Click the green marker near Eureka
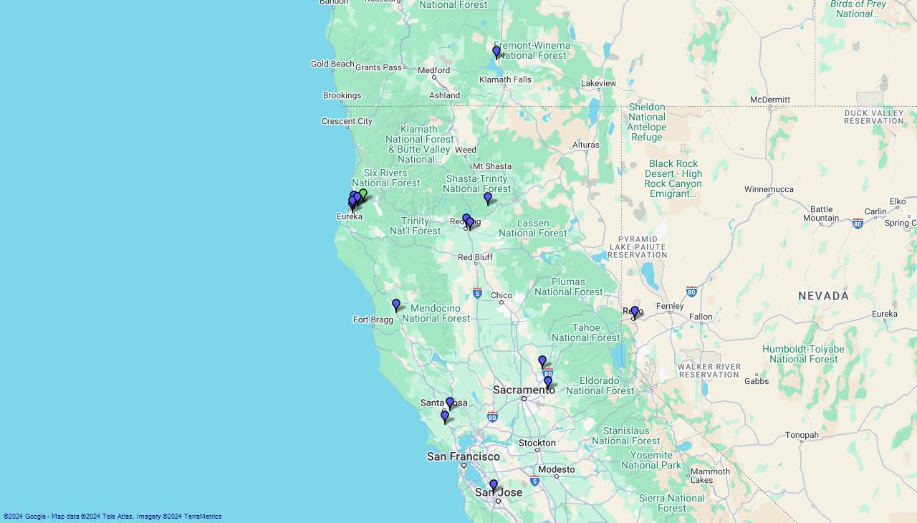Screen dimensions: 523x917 pyautogui.click(x=363, y=194)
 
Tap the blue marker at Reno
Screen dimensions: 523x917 pyautogui.click(x=635, y=312)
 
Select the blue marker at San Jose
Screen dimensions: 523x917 pyautogui.click(x=494, y=486)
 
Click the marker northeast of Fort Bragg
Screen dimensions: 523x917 pyautogui.click(x=396, y=305)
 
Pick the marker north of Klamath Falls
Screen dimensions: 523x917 pyautogui.click(x=496, y=52)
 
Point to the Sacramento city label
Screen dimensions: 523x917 pyautogui.click(x=524, y=390)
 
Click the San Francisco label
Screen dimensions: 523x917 pyautogui.click(x=463, y=456)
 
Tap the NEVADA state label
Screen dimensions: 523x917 pyautogui.click(x=823, y=296)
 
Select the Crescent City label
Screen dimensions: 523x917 pyautogui.click(x=347, y=121)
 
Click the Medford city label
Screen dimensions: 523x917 pyautogui.click(x=433, y=70)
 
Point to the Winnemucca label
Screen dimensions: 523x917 pyautogui.click(x=769, y=189)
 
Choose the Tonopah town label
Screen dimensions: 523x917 pyautogui.click(x=802, y=435)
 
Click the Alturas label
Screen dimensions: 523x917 pyautogui.click(x=585, y=145)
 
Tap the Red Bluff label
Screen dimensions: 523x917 pyautogui.click(x=475, y=257)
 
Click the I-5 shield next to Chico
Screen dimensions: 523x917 pyautogui.click(x=477, y=293)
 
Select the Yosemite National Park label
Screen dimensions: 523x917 pyautogui.click(x=651, y=460)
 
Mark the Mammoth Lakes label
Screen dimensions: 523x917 pyautogui.click(x=710, y=475)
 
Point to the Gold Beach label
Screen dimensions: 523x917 pyautogui.click(x=332, y=64)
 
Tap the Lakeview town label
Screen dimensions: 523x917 pyautogui.click(x=598, y=83)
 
